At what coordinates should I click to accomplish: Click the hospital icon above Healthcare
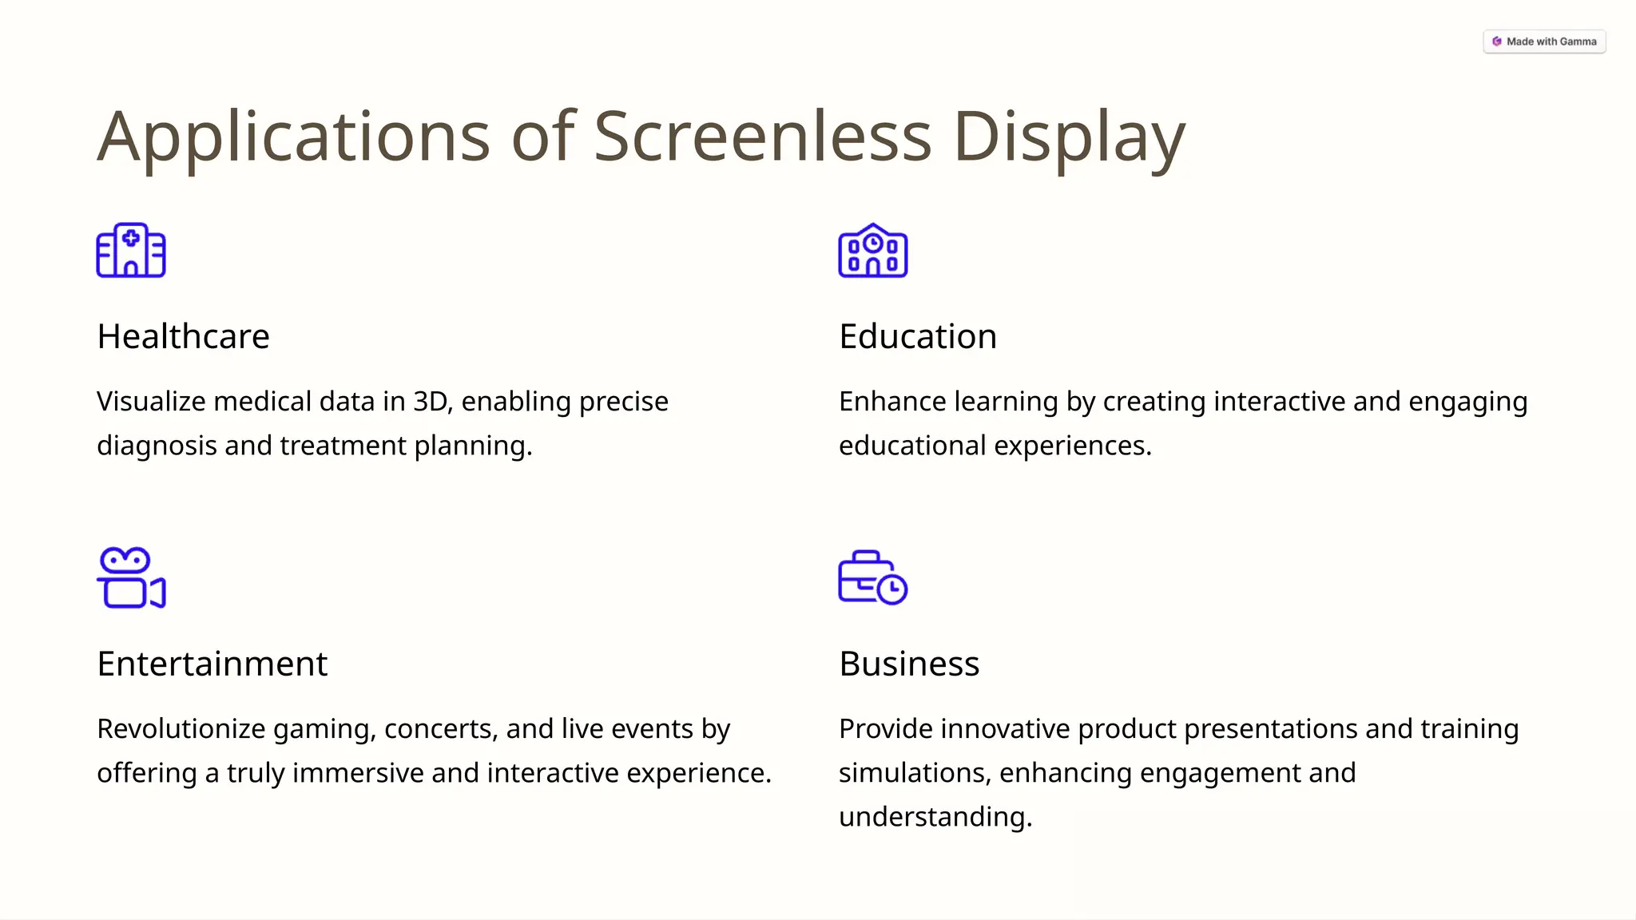pyautogui.click(x=131, y=251)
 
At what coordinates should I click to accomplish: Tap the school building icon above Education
pyautogui.click(x=872, y=251)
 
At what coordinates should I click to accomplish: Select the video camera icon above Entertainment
pyautogui.click(x=131, y=577)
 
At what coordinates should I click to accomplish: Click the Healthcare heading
pyautogui.click(x=183, y=336)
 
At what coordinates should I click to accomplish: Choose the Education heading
pyautogui.click(x=917, y=336)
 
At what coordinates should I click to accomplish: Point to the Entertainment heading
pyautogui.click(x=212, y=664)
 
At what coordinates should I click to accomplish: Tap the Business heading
pyautogui.click(x=908, y=664)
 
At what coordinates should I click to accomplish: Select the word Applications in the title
pyautogui.click(x=293, y=137)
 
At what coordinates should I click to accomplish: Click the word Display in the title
pyautogui.click(x=1069, y=137)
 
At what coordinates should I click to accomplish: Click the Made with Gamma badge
pyautogui.click(x=1544, y=42)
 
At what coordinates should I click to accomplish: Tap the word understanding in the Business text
pyautogui.click(x=935, y=817)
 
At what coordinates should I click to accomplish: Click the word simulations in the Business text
pyautogui.click(x=914, y=773)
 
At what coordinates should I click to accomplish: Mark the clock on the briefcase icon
pyautogui.click(x=891, y=589)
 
